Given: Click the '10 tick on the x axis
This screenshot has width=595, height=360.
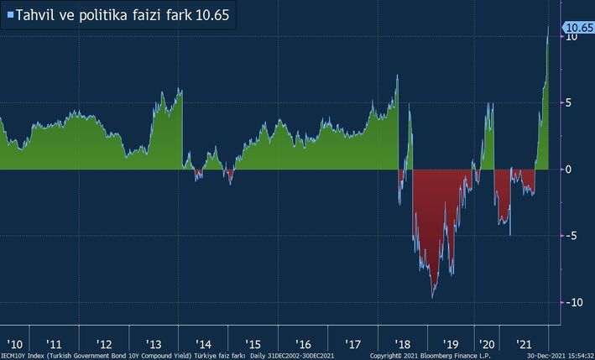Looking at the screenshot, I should click(x=15, y=344).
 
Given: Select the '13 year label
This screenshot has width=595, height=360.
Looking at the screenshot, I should click(x=154, y=344).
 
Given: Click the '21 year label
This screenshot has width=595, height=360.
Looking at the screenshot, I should click(x=525, y=344).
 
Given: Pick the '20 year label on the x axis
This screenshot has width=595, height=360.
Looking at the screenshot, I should click(x=487, y=344).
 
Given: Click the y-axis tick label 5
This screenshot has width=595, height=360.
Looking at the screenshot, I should click(x=570, y=103).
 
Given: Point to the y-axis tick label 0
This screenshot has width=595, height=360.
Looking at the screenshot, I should click(x=570, y=170).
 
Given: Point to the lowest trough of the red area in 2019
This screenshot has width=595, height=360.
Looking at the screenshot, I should click(x=432, y=297).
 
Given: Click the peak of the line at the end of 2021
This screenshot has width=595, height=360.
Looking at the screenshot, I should click(x=548, y=26).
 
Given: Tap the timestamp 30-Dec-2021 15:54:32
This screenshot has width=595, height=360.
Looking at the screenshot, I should click(x=560, y=356).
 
